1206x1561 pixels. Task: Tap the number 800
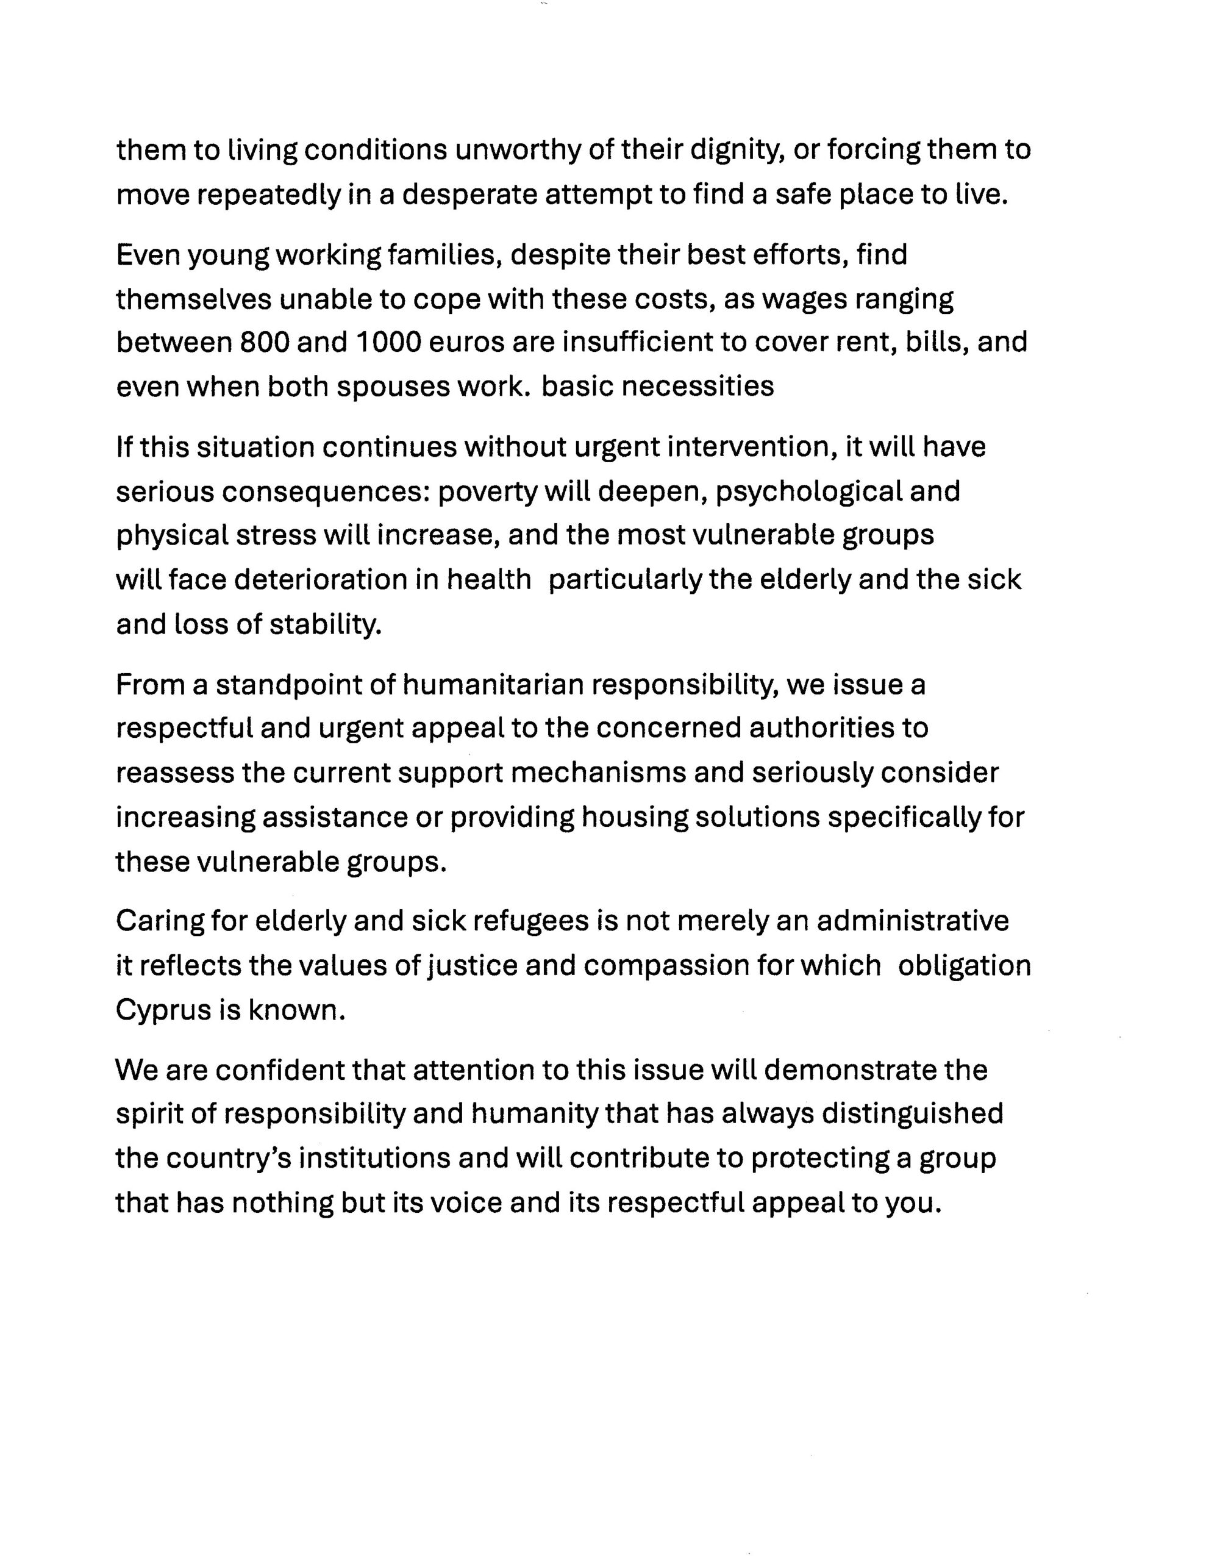(x=265, y=342)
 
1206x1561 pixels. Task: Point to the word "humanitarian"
(x=493, y=685)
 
